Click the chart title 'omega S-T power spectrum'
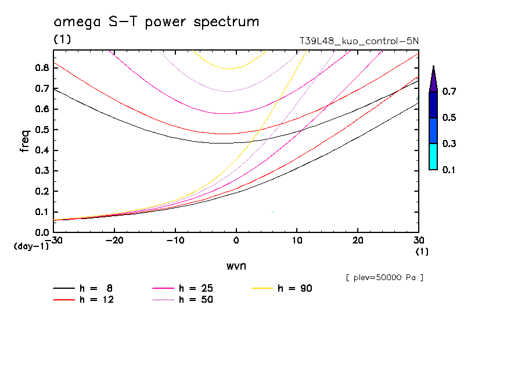tap(156, 22)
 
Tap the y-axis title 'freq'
tap(25, 141)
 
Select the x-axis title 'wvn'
tap(236, 266)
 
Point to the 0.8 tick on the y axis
tap(42, 67)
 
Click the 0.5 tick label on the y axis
tap(42, 130)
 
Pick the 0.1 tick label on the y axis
tap(42, 212)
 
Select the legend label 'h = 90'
tap(295, 288)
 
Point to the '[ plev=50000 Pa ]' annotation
tap(384, 278)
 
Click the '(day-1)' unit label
tap(31, 246)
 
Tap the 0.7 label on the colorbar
tap(449, 92)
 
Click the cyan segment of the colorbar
tap(433, 156)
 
